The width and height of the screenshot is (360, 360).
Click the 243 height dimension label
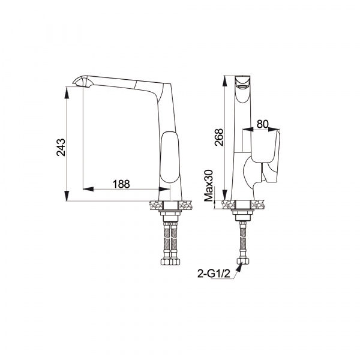[61, 147]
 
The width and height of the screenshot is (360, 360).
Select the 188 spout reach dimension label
[121, 184]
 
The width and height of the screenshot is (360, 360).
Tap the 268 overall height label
[219, 137]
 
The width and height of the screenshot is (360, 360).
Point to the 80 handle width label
[262, 124]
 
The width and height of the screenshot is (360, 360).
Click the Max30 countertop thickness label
[209, 185]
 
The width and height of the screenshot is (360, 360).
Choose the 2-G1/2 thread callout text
[214, 274]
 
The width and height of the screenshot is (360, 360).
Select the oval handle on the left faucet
[170, 157]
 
